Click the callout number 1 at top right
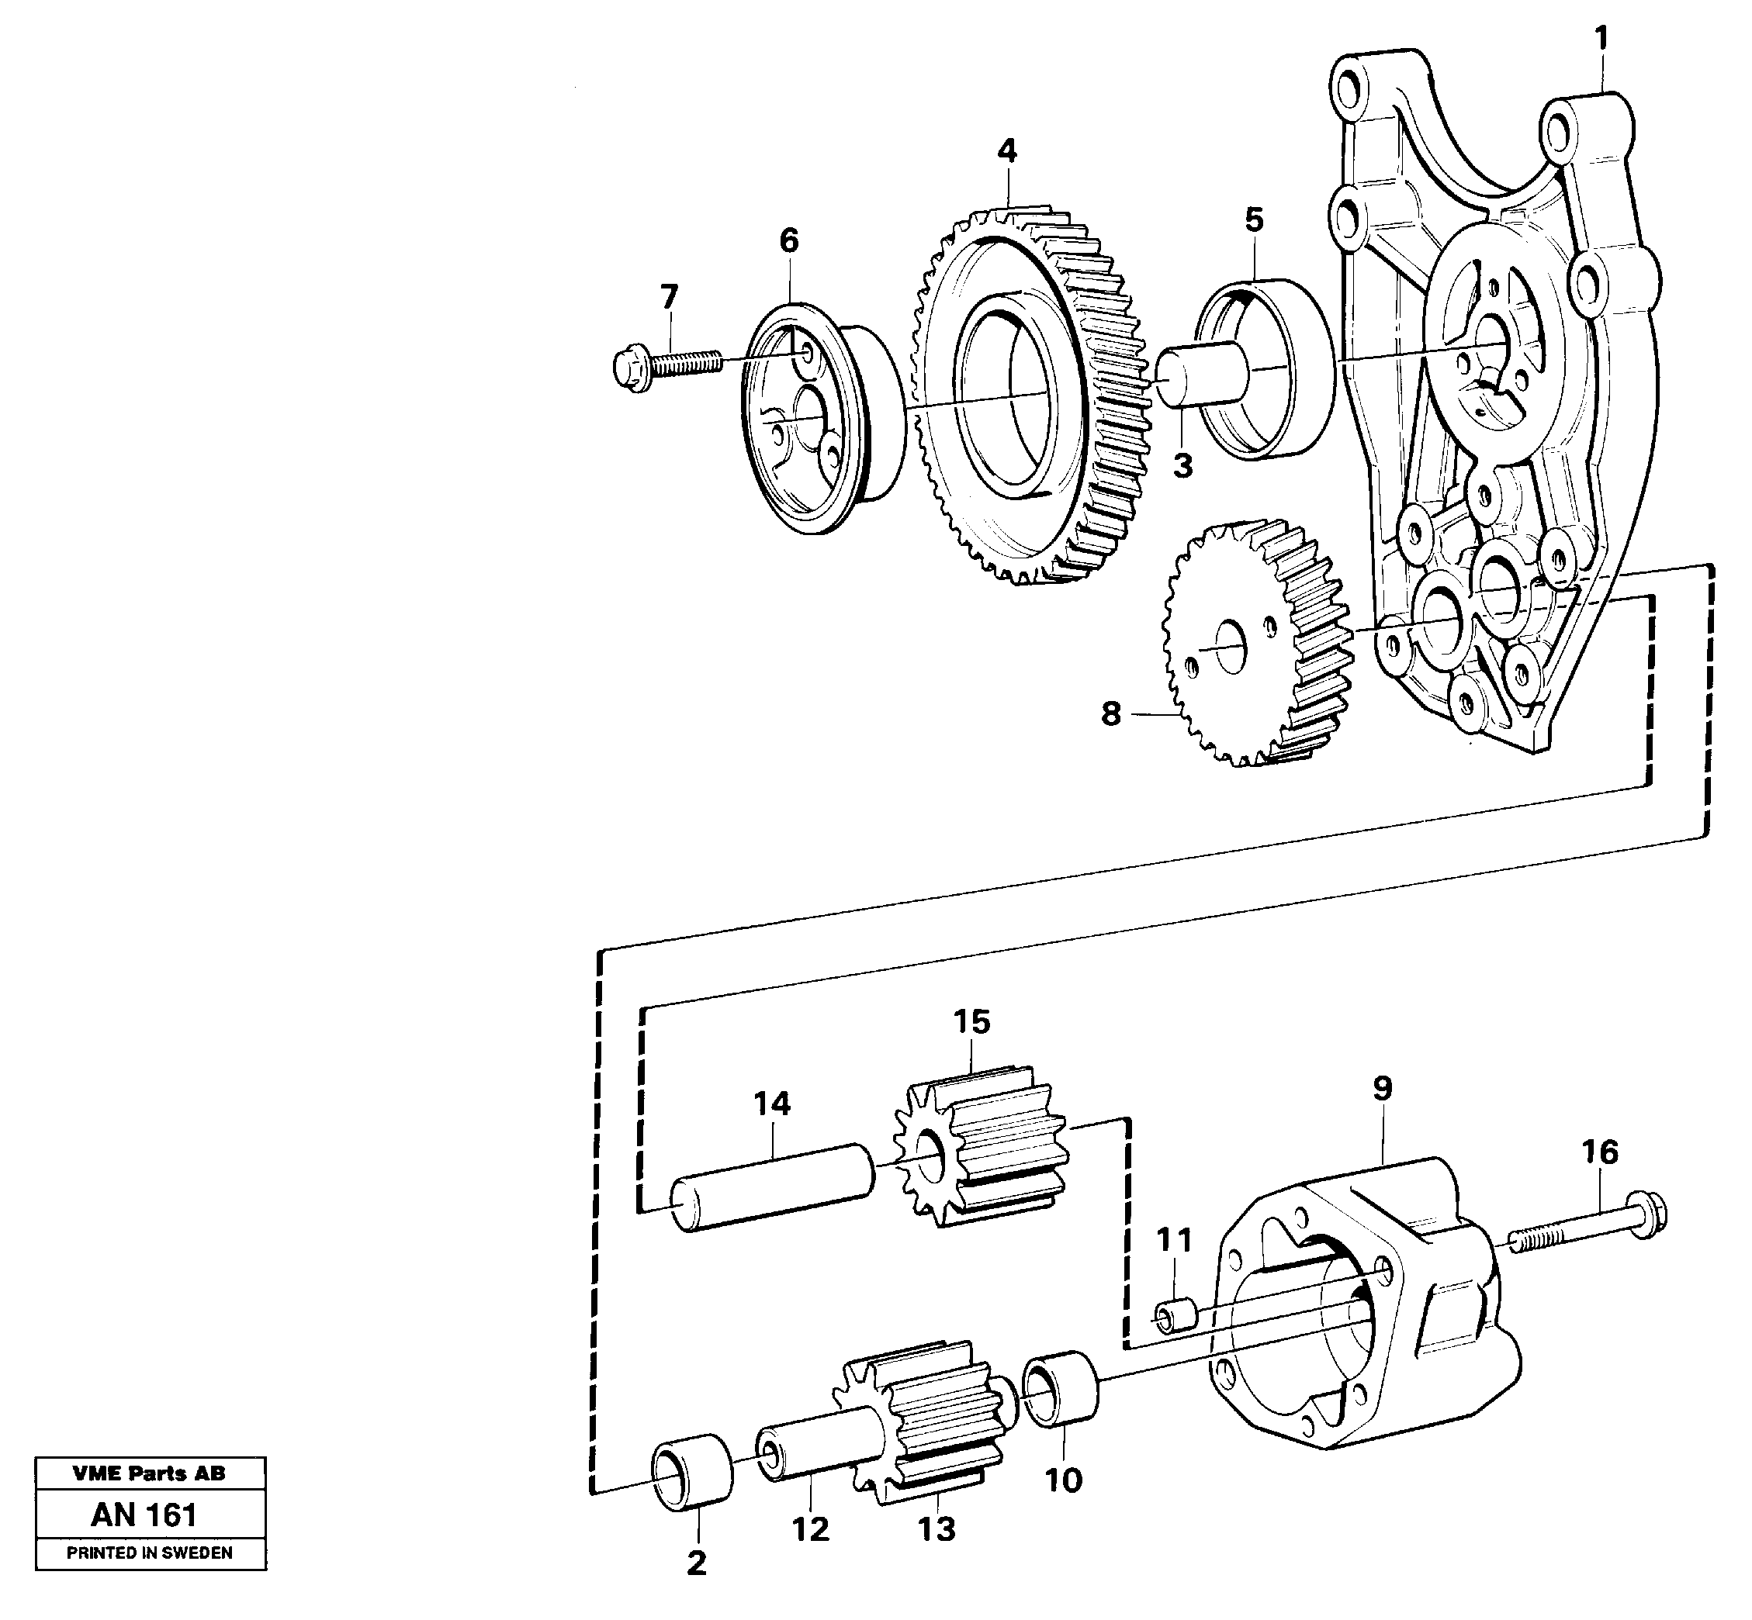[1601, 39]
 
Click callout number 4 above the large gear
[1006, 152]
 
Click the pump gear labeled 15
[982, 1149]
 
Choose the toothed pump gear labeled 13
[930, 1420]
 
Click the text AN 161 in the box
[144, 1515]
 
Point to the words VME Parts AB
[149, 1473]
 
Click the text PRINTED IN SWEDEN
[150, 1553]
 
